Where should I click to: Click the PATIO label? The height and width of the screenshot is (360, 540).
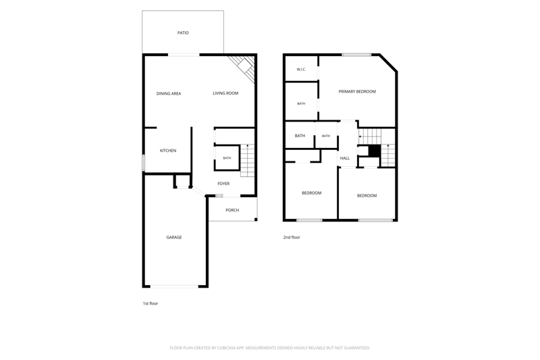[x=183, y=32]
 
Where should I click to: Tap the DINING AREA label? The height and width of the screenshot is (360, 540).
[x=168, y=93]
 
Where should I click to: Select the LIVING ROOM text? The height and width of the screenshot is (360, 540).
[x=225, y=93]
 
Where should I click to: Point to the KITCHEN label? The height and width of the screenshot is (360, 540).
[x=168, y=151]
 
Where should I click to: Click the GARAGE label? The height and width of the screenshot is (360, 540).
[x=174, y=237]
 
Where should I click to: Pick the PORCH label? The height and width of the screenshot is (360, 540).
[x=232, y=210]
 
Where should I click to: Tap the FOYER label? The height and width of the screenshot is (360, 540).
[x=223, y=184]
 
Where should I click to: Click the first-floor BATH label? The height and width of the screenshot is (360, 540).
[x=227, y=158]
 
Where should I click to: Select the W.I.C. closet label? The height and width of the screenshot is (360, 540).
[x=301, y=70]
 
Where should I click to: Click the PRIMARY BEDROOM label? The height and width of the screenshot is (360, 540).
[x=357, y=91]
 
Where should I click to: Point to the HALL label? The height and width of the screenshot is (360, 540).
[x=345, y=158]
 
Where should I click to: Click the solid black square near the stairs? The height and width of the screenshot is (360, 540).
[x=375, y=151]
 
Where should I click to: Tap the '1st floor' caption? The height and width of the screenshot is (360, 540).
[x=151, y=303]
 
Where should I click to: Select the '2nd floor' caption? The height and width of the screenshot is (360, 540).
[x=292, y=237]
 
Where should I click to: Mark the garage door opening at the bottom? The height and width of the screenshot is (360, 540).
[x=174, y=286]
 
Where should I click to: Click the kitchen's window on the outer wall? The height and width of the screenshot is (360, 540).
[x=144, y=163]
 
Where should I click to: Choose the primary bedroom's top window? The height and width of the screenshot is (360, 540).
[x=356, y=55]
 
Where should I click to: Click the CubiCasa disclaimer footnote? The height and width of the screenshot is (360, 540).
[x=270, y=348]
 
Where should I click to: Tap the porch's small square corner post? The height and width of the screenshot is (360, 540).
[x=256, y=220]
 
